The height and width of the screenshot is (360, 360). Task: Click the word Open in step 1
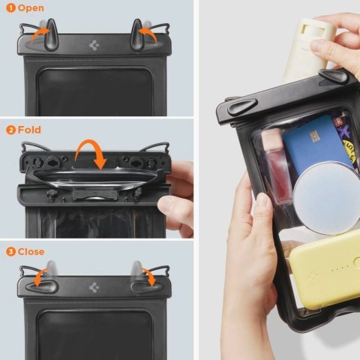(31, 8)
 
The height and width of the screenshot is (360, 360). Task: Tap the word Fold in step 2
(29, 130)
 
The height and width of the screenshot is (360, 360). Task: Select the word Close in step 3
(31, 251)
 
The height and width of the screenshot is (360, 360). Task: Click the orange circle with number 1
(10, 8)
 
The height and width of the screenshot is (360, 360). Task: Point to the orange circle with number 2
(10, 130)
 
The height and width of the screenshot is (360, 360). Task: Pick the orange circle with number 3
(10, 251)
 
